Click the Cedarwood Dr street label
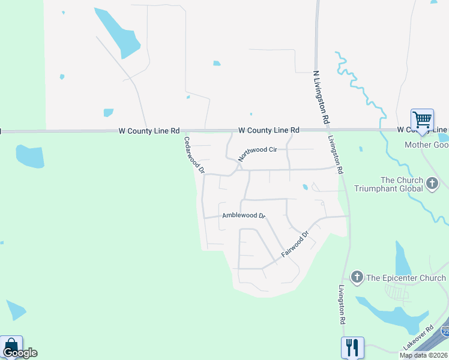point(194,155)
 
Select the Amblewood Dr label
point(243,215)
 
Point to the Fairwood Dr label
point(295,245)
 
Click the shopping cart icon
point(422,120)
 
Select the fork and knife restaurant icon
point(352,347)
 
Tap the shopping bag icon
point(11,346)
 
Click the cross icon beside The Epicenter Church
point(357,277)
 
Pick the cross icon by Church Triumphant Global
point(432,184)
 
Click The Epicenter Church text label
point(406,278)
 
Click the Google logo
point(20,353)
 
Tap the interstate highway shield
point(445,331)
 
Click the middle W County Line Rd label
point(268,130)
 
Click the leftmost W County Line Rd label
point(149,130)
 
